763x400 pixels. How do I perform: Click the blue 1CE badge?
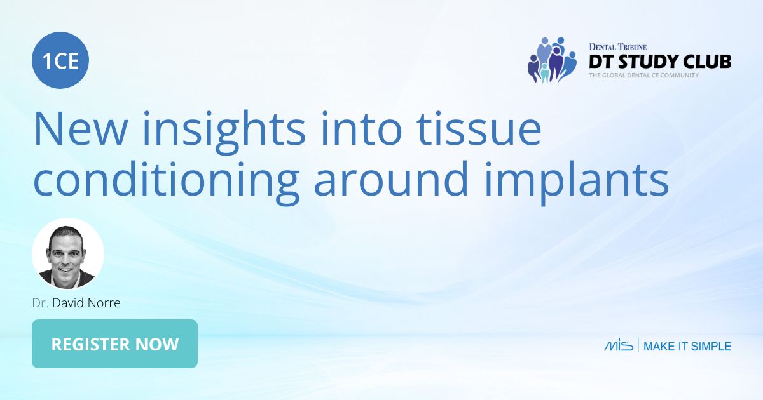coord(60,61)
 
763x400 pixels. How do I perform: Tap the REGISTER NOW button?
coord(114,344)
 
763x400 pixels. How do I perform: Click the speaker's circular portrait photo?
coord(68,254)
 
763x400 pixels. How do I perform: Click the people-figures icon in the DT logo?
coord(551,60)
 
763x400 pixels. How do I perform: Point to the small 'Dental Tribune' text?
coord(617,47)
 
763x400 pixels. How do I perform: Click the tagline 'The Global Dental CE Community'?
coord(643,76)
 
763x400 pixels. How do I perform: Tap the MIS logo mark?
coord(618,346)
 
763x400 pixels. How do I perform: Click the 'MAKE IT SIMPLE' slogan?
coord(687,347)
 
